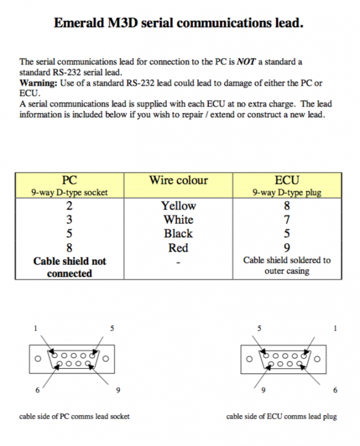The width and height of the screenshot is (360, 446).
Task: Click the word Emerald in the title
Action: (x=79, y=23)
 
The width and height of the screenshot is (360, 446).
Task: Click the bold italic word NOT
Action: (x=246, y=62)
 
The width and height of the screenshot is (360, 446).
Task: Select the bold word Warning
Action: (x=39, y=83)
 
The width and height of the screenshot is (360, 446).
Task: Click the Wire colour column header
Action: (x=178, y=180)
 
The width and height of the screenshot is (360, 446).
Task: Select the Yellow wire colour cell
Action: (x=178, y=206)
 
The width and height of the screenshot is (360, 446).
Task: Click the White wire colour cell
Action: (x=178, y=219)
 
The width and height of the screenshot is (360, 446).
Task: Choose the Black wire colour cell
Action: (x=178, y=234)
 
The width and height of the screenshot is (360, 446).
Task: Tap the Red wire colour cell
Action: (x=178, y=248)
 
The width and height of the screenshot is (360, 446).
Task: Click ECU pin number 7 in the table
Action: (x=287, y=219)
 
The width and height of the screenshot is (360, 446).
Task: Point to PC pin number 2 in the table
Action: (x=70, y=206)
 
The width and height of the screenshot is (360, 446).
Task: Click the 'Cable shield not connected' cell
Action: (x=70, y=268)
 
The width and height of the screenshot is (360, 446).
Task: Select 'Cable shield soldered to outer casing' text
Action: (x=287, y=265)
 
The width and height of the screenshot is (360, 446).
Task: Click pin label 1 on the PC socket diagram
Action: (x=36, y=328)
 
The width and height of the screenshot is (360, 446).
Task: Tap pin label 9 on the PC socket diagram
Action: (x=118, y=390)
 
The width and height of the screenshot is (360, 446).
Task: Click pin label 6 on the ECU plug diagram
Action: (x=335, y=390)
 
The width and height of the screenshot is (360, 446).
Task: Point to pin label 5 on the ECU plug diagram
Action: (x=259, y=328)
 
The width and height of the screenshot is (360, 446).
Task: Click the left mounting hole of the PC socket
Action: (x=37, y=359)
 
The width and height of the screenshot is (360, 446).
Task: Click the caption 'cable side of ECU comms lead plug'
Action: (x=282, y=416)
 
